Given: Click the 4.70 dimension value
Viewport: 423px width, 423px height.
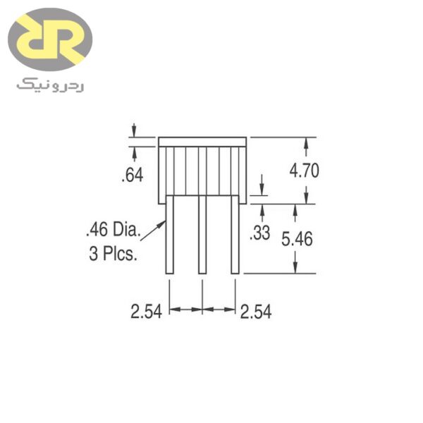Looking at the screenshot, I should (305, 171).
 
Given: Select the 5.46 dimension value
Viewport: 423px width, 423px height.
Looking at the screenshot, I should (296, 239).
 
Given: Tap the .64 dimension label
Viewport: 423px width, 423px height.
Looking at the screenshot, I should (133, 175).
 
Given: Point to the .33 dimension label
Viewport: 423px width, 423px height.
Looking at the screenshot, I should (260, 233).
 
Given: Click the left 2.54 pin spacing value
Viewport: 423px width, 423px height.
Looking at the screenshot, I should (147, 311).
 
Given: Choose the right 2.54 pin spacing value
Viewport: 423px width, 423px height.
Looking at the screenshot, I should (255, 311).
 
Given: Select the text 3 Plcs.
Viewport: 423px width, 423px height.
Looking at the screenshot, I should (114, 254).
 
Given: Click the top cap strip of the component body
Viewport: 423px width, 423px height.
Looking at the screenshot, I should (202, 142).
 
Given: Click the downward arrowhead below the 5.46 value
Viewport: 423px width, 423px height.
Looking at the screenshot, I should (296, 269).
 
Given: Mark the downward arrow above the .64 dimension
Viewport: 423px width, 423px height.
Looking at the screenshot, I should (133, 132).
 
